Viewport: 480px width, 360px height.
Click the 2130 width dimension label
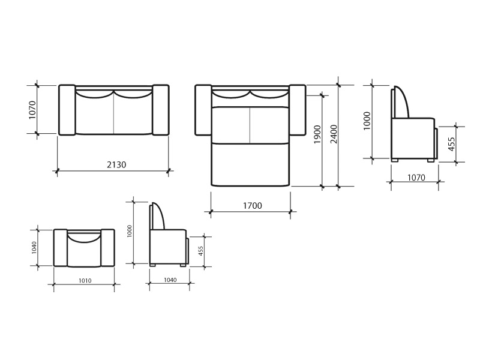(x=116, y=164)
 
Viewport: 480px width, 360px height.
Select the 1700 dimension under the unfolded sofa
(x=253, y=205)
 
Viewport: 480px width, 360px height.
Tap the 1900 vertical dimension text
(x=318, y=134)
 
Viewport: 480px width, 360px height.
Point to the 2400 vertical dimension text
(x=334, y=134)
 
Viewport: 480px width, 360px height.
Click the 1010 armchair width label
(x=85, y=280)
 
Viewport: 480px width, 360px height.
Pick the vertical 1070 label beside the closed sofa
(x=32, y=110)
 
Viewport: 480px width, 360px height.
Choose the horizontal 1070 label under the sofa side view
(x=416, y=178)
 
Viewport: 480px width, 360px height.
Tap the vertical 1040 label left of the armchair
(x=34, y=248)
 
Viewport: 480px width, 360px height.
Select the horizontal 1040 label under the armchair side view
(x=170, y=280)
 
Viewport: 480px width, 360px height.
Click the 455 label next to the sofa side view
(x=452, y=144)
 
